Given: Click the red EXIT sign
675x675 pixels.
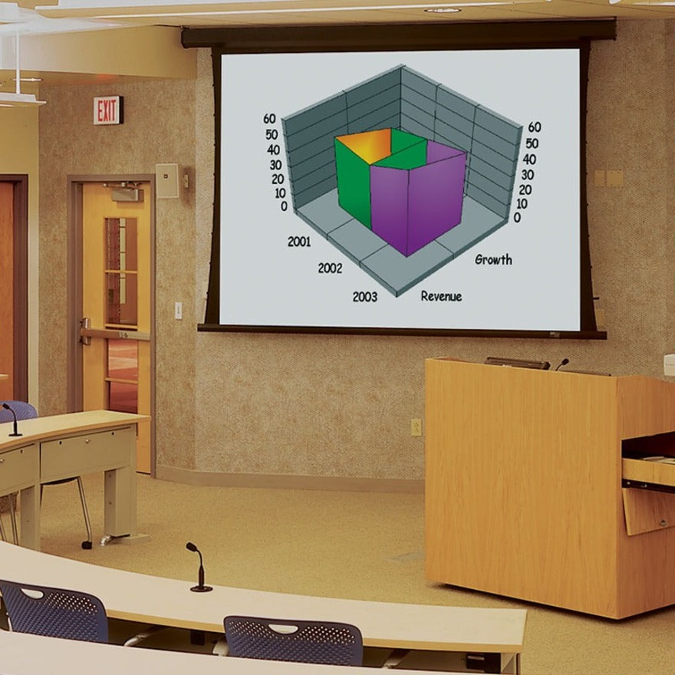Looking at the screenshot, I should coord(107,110).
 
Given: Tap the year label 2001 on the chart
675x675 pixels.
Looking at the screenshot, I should coord(299,242).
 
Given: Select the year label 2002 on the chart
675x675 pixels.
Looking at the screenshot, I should coord(330,268).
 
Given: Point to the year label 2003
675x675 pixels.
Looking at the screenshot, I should coord(364,297).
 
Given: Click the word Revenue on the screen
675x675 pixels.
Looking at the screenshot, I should coord(441,296).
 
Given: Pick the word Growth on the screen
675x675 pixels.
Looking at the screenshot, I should coord(493,259).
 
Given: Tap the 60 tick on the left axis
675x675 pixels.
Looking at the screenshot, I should coord(270,119).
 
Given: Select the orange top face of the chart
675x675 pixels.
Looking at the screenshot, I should coord(365,145).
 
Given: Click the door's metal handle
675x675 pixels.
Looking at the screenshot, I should coord(86,331).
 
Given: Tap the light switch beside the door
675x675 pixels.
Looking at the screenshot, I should coord(178,310).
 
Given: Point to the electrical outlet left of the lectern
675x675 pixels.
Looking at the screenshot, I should coord(416,427).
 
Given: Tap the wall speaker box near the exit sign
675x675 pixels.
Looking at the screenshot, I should coord(167,181).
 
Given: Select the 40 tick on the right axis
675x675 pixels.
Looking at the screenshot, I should coord(528,160).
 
